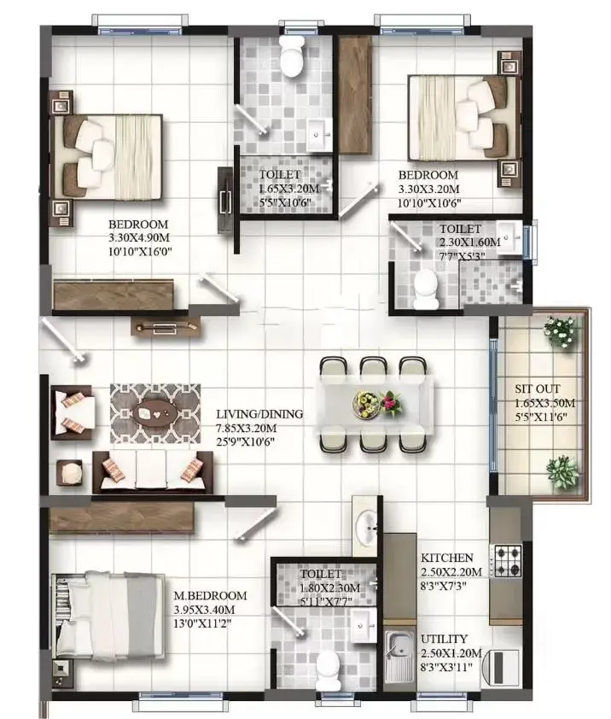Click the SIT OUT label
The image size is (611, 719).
click(538, 389)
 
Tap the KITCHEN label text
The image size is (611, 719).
click(447, 558)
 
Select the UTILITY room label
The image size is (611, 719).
click(444, 639)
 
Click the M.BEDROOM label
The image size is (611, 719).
click(210, 596)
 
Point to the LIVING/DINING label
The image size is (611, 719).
click(259, 414)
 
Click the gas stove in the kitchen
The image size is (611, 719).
click(507, 560)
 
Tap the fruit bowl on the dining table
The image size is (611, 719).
click(365, 404)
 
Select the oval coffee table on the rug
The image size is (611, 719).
click(155, 412)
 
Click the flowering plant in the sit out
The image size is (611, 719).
click(560, 330)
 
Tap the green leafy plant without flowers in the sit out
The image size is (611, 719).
click(562, 471)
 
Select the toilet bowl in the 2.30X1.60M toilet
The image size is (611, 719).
click(425, 289)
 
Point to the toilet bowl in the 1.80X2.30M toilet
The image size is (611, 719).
click(329, 669)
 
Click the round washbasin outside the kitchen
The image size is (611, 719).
click(367, 529)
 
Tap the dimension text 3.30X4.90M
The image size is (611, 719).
click(139, 237)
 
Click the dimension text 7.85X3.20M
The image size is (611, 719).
click(247, 429)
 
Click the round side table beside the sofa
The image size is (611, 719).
click(71, 473)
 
